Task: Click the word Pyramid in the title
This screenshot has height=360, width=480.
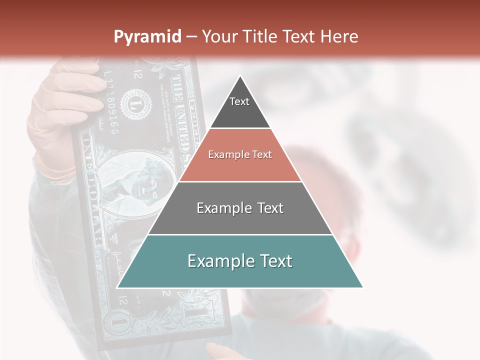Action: (147, 37)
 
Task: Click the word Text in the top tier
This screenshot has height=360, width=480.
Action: (239, 101)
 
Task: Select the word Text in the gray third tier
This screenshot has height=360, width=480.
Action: (267, 208)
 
